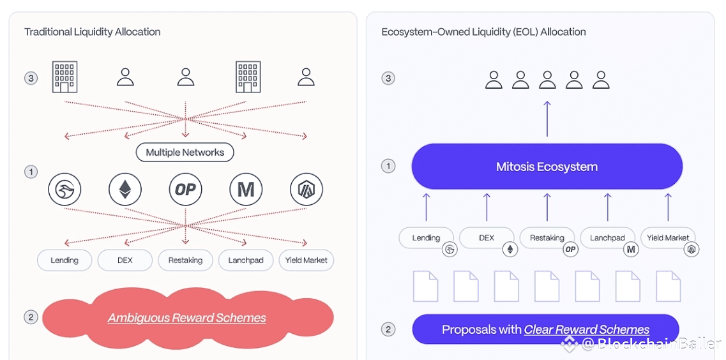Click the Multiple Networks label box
click(x=185, y=153)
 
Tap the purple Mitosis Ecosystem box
click(x=547, y=167)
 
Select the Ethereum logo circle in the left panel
click(x=125, y=190)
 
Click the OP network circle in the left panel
click(x=185, y=190)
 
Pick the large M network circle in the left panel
click(x=246, y=190)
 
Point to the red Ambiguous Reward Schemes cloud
click(x=186, y=318)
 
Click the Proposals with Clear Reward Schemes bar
click(x=545, y=329)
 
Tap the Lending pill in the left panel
click(x=64, y=260)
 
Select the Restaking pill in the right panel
click(x=547, y=238)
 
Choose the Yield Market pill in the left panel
click(x=306, y=260)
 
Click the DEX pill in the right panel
click(x=487, y=238)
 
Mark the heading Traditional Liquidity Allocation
click(x=92, y=32)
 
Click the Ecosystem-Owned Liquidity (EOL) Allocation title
click(x=483, y=32)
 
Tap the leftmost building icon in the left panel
click(x=64, y=77)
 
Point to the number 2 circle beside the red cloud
click(x=31, y=317)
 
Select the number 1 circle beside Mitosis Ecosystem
click(x=388, y=167)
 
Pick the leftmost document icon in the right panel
click(x=426, y=286)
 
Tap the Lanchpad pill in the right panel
click(x=607, y=238)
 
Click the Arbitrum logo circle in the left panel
click(x=306, y=190)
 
